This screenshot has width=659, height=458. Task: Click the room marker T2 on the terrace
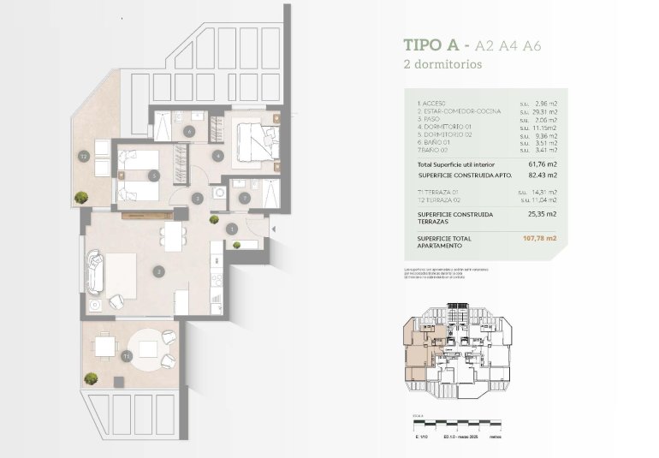84,157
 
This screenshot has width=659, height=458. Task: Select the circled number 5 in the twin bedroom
152,175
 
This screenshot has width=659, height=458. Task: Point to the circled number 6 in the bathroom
189,132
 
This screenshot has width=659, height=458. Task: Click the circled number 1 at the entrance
232,229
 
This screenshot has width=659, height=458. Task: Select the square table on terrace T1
105,347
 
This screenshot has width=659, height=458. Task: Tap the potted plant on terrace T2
82,198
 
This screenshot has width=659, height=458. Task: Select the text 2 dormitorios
442,64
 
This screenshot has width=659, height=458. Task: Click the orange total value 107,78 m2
538,239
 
